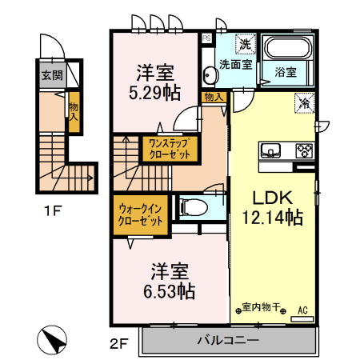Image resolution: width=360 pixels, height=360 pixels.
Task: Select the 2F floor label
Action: (119, 345)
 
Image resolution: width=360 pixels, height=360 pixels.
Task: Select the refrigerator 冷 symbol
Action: (306, 102)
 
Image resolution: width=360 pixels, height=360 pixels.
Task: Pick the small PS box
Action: (206, 37)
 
